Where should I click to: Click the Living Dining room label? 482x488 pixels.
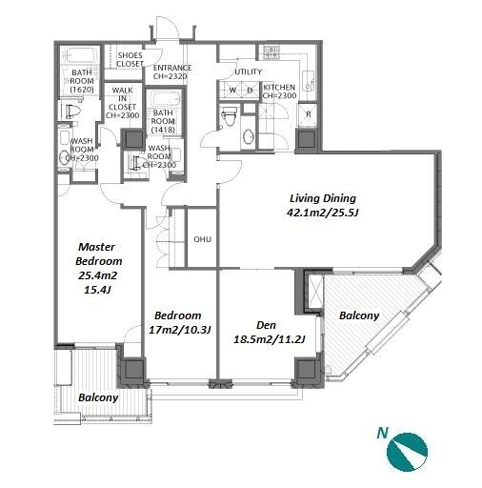323,205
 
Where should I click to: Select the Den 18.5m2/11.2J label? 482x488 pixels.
270,333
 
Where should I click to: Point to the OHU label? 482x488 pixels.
202,239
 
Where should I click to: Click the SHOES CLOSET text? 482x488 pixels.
130,59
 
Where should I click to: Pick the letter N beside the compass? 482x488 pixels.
383,433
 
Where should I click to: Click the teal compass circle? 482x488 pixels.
407,452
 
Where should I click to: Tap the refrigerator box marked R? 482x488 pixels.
308,113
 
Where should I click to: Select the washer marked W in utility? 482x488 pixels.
232,91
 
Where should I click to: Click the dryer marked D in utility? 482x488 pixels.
251,91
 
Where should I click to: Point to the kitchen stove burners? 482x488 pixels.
270,52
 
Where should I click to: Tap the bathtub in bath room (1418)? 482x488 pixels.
165,99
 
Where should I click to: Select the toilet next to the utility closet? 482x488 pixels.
229,116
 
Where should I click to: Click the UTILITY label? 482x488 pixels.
249,72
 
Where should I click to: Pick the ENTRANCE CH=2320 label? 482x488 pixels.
172,72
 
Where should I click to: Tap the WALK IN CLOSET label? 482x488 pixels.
122,103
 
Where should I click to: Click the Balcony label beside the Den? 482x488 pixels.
359,315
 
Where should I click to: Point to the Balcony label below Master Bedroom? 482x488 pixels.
98,397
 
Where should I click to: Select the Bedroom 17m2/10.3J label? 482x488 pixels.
180,323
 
